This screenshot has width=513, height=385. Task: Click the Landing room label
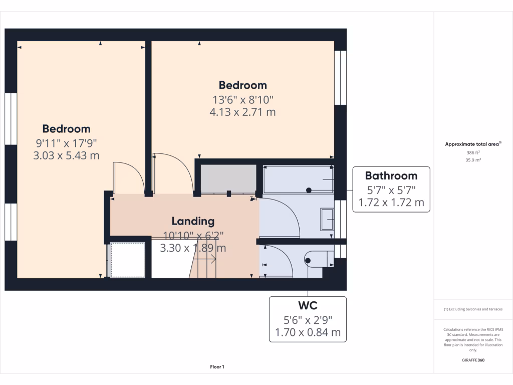coord(193,221)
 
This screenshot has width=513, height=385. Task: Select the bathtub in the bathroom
coord(298,179)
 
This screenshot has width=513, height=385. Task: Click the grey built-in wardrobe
coord(228,178)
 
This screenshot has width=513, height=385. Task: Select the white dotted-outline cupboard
coord(128,260)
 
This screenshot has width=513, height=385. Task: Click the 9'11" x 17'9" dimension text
coord(66,142)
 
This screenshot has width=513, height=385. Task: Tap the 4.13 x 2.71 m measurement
coord(242,112)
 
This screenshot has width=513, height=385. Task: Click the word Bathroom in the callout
coord(391,175)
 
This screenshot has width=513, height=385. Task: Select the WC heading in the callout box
coord(308,305)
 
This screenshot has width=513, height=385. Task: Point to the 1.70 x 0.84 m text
coord(308,332)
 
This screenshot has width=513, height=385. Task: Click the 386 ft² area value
coord(473,152)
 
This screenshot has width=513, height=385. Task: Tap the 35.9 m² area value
coord(473,160)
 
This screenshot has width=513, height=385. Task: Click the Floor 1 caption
coord(217,367)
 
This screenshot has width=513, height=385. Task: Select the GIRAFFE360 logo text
coord(473,360)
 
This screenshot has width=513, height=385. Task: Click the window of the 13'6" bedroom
coord(341,78)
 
